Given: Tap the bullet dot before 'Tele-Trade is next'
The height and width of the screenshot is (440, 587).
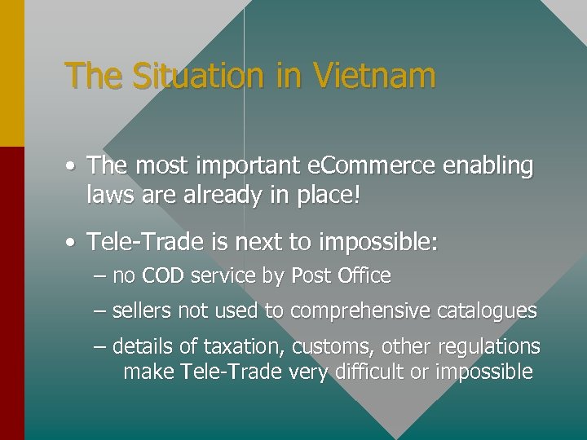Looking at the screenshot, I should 73,242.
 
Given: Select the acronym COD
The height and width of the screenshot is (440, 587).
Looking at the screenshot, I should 163,276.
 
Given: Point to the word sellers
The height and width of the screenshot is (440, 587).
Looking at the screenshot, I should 140,311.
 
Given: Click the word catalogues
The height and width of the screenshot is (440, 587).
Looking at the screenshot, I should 487,311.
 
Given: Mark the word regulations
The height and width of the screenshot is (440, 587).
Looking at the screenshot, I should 489,347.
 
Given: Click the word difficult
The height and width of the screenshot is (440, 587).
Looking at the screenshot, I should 371,372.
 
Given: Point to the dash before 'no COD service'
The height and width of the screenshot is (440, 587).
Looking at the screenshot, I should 99,276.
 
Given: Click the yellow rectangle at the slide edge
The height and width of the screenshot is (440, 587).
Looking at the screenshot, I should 12,73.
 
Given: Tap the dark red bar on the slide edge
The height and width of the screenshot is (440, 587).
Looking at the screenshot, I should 12,293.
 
